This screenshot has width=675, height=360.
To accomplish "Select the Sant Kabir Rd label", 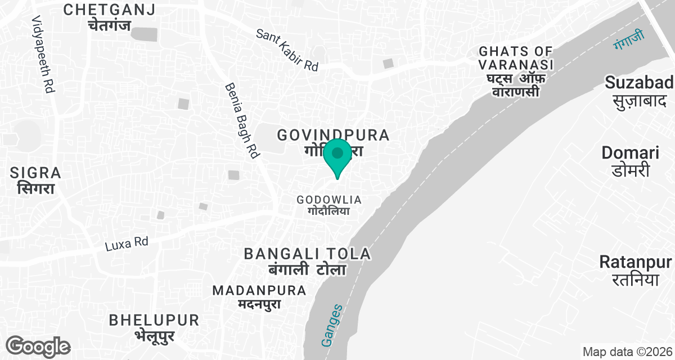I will [x=287, y=50].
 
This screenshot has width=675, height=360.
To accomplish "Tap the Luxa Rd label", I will [x=127, y=244].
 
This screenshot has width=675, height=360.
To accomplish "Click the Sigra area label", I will [x=35, y=180].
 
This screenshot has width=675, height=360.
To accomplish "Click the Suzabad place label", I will [x=639, y=91].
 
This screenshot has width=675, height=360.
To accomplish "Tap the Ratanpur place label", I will [x=635, y=270].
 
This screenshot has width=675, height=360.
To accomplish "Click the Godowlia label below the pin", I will [x=329, y=205].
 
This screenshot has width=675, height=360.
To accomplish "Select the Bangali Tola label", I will [x=308, y=261].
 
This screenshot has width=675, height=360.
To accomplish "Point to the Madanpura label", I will [x=259, y=297].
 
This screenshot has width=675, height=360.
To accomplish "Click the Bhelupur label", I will [x=154, y=327].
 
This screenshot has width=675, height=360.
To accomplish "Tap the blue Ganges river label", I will [x=331, y=325].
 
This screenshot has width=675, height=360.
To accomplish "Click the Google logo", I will [x=38, y=346].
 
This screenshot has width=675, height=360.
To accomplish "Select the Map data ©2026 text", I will [x=627, y=352].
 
